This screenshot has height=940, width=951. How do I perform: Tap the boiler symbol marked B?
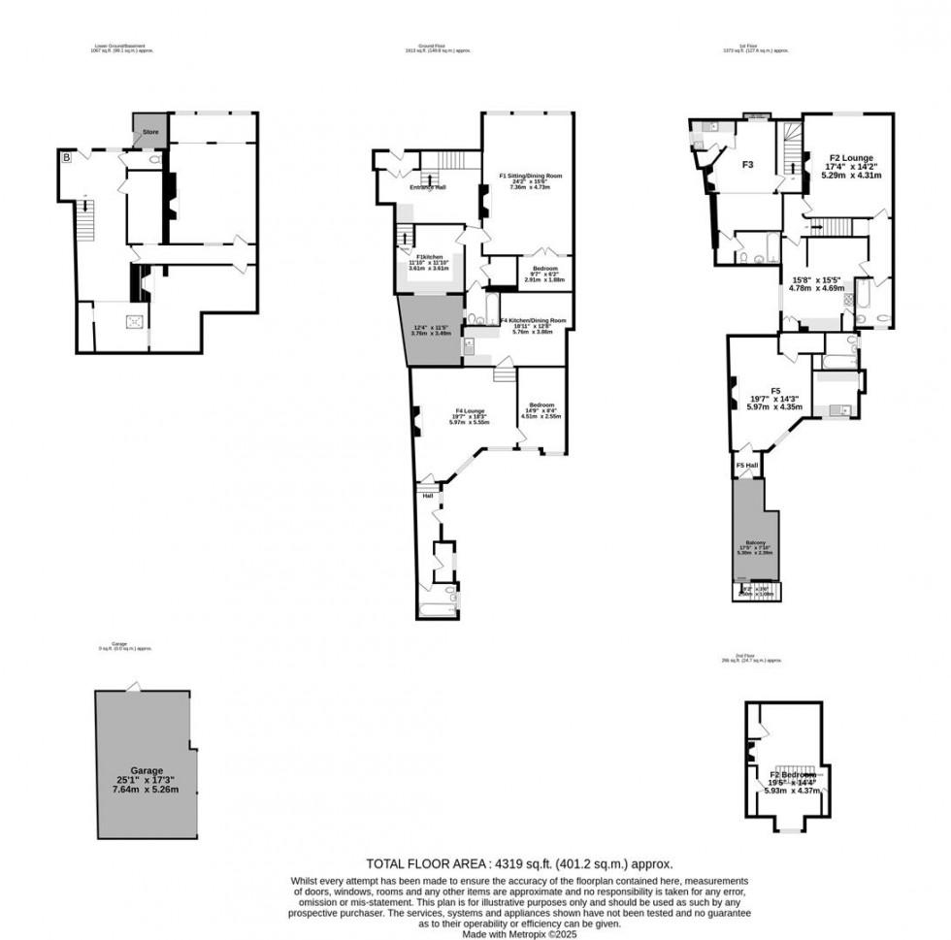pos(67,157)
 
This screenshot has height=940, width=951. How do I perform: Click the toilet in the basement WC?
pos(156,159)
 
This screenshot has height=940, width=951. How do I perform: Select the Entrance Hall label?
pos(427,187)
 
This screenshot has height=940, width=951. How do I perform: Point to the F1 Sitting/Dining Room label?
pos(531,177)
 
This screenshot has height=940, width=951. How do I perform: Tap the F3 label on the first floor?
pos(748,165)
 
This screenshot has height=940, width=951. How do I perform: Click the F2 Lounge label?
pos(851,157)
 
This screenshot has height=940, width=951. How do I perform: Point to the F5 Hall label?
pos(746,467)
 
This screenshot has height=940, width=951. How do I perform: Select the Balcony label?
pos(755,543)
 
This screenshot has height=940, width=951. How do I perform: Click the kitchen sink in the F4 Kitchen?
pos(470,349)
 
